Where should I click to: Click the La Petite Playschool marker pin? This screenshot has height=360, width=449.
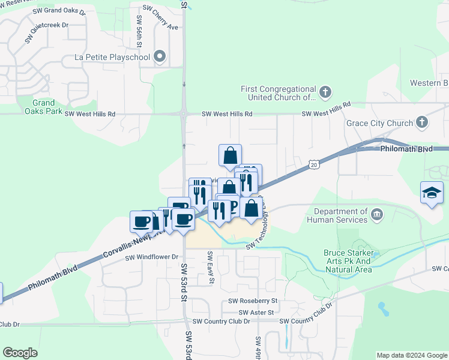160,57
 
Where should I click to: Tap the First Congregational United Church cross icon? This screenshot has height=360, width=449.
325,92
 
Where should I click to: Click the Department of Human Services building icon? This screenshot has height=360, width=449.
376,214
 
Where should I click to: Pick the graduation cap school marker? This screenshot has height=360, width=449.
432,193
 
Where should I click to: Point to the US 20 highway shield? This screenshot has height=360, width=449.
313,164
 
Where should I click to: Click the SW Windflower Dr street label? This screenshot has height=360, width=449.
152,257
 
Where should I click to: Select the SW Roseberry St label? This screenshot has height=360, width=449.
253,301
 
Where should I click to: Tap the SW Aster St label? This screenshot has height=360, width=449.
256,313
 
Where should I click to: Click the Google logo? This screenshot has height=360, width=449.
20,353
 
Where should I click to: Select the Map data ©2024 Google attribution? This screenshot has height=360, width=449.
411,355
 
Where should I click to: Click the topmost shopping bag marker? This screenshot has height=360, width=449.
230,155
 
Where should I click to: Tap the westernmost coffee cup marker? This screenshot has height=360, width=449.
142,221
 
